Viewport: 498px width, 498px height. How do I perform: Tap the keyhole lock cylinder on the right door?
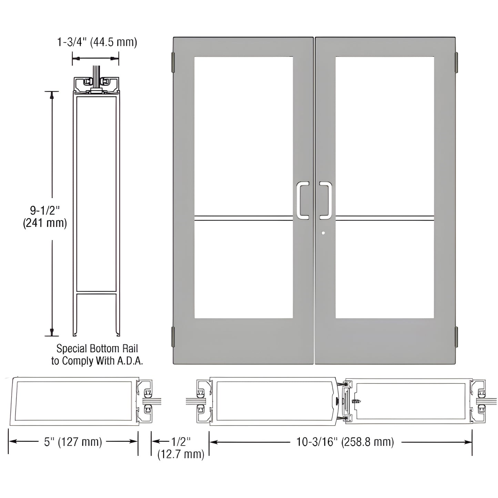coord(323,233)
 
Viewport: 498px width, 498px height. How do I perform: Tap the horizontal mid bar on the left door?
coord(243,218)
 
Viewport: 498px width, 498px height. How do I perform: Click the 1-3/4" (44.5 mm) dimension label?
coord(97,42)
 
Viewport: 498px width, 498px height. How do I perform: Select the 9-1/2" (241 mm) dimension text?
coord(45,216)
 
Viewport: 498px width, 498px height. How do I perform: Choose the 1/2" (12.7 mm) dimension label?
coord(181,448)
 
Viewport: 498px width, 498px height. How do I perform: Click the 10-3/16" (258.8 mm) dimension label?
coord(345,441)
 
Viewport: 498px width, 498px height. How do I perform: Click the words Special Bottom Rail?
coord(97,348)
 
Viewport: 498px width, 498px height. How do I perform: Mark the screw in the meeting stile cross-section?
coord(356,402)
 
